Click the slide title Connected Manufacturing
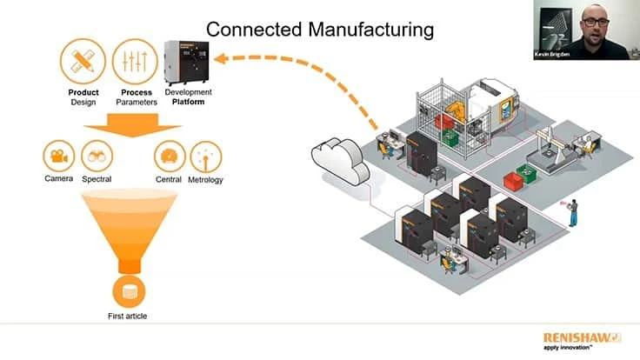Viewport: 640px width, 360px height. [319, 30]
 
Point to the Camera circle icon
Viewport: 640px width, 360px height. [59, 157]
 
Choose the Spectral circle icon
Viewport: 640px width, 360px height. [97, 157]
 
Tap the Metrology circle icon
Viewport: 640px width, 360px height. [205, 157]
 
